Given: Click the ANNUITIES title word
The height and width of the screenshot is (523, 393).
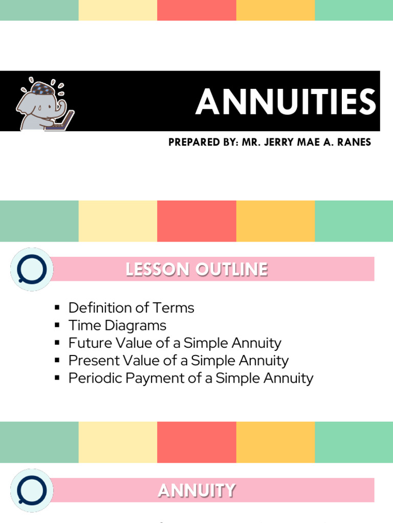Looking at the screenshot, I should (x=286, y=102).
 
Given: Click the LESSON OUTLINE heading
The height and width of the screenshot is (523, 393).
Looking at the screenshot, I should (x=196, y=269).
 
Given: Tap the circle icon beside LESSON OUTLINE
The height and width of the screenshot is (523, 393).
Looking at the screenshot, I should (x=32, y=269).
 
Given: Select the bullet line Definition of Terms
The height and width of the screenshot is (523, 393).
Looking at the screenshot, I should (x=131, y=308).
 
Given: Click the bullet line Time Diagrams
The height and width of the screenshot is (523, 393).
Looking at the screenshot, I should (x=117, y=325).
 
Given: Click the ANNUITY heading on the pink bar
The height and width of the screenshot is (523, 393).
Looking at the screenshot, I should (x=196, y=491).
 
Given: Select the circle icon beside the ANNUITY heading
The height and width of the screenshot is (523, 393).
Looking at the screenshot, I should (x=32, y=490).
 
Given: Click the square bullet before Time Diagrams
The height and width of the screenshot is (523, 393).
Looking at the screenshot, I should (x=57, y=326).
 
